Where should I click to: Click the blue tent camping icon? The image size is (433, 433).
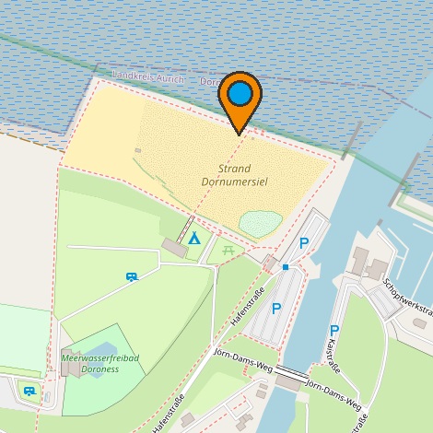[193, 239]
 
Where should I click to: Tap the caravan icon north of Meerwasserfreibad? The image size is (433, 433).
[132, 275]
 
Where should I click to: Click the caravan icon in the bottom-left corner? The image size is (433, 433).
[29, 392]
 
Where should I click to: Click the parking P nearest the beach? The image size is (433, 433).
[303, 242]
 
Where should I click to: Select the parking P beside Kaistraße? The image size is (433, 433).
[334, 331]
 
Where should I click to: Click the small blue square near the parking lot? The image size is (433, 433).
[286, 267]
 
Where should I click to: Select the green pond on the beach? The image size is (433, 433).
[260, 223]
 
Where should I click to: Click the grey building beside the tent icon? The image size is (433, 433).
[172, 246]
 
